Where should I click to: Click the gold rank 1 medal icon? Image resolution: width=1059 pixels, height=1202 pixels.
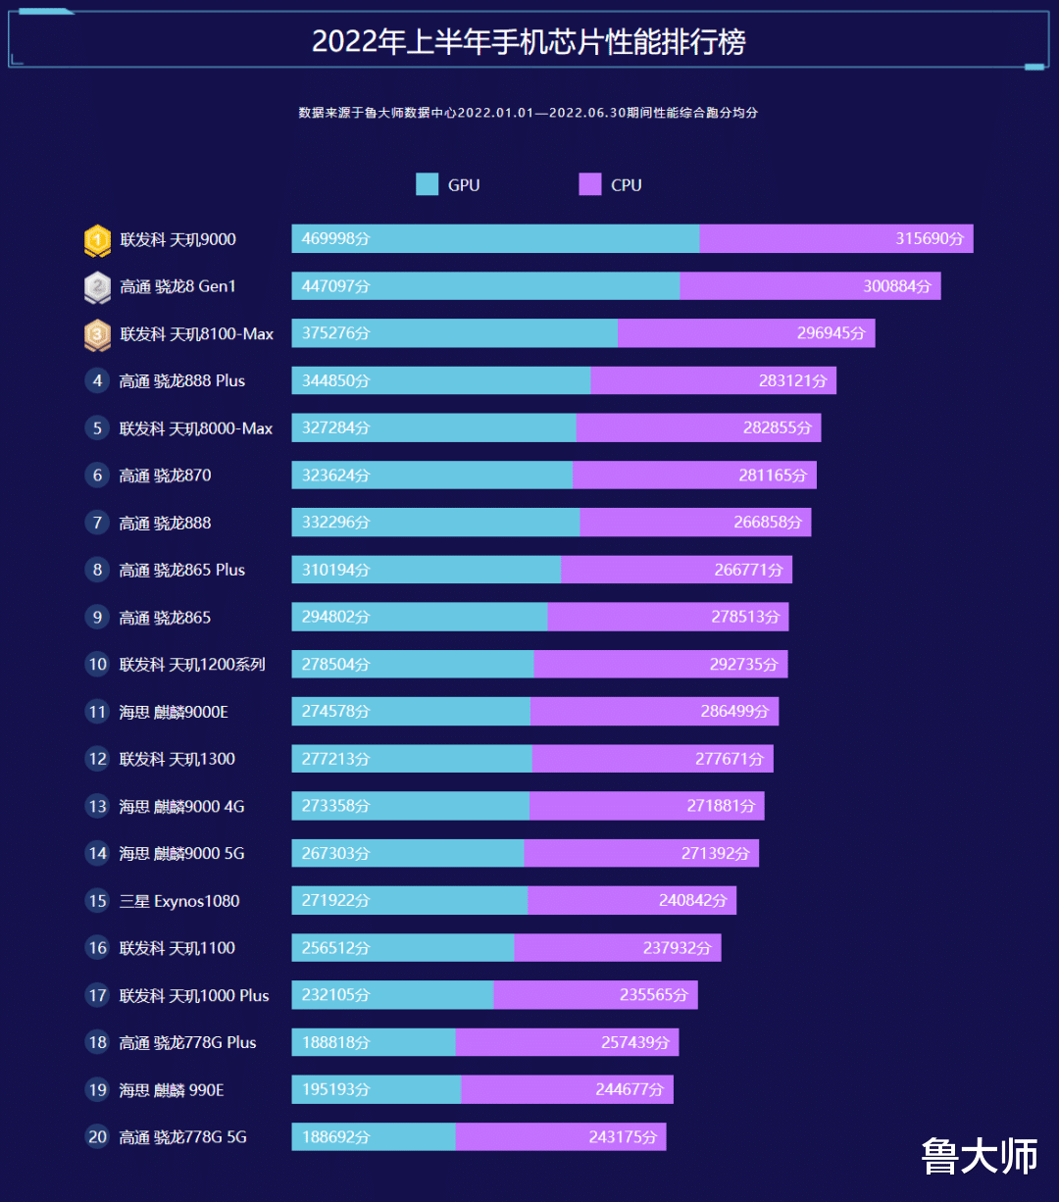click(x=97, y=239)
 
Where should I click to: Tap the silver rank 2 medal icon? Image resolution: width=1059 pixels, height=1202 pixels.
click(x=97, y=287)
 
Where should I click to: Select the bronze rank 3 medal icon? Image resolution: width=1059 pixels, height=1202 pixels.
click(x=97, y=334)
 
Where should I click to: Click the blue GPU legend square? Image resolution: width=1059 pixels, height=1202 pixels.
click(x=427, y=184)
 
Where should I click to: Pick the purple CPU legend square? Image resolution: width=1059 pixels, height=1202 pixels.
click(x=589, y=184)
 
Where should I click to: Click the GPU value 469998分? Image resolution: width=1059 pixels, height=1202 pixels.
click(x=335, y=239)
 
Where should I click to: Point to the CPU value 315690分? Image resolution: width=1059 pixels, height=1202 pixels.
click(x=929, y=239)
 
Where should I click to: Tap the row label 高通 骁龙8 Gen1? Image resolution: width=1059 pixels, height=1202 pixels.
click(x=177, y=287)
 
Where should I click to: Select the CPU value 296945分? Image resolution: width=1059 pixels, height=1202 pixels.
click(x=831, y=333)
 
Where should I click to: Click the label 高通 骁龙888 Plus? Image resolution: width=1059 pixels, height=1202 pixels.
click(x=182, y=381)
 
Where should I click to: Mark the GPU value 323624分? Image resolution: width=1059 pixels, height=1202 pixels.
click(x=335, y=476)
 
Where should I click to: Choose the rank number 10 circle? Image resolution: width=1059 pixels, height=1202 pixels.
click(x=97, y=665)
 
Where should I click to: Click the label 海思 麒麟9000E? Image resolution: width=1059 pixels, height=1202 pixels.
click(x=174, y=712)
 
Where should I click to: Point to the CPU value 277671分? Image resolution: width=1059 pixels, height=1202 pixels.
click(x=729, y=759)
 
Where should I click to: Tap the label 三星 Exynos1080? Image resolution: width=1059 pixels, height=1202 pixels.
click(x=179, y=901)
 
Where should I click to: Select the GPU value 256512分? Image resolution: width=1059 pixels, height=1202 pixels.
click(x=335, y=948)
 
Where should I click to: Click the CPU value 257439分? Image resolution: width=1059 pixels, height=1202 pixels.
click(x=634, y=1042)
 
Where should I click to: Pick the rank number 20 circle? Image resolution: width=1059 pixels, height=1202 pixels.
click(x=97, y=1137)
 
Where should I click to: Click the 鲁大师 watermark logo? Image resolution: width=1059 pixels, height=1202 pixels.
click(x=979, y=1157)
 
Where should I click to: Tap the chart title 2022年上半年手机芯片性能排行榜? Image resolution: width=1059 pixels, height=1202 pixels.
click(x=529, y=41)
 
